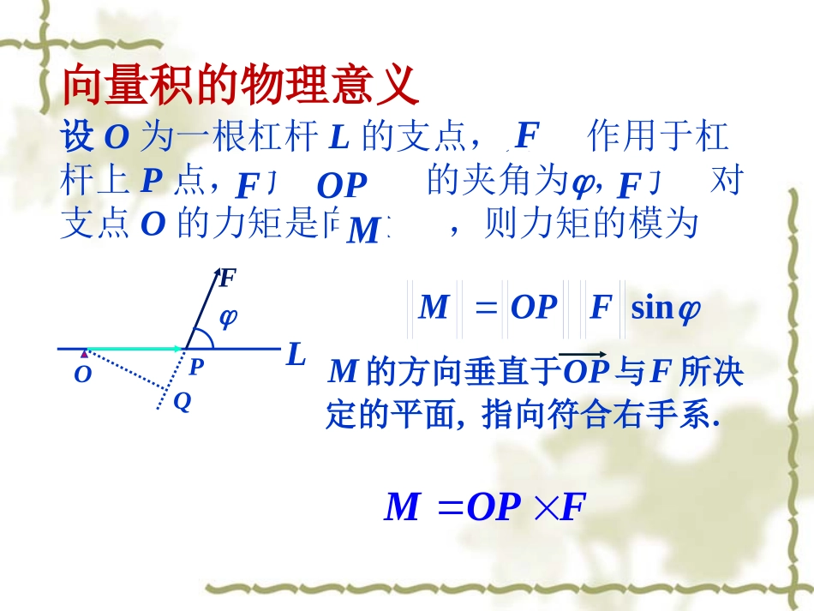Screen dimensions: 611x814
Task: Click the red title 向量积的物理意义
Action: pos(241,86)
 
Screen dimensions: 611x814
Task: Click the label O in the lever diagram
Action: pos(82,375)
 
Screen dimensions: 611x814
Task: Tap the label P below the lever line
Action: pos(196,368)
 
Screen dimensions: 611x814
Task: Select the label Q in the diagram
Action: pos(182,401)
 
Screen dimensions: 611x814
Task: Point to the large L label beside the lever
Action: pos(296,355)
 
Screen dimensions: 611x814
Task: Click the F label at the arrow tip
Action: pos(227,279)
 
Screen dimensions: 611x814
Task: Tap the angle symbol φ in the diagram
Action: pos(228,318)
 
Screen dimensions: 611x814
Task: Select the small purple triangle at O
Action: pos(84,352)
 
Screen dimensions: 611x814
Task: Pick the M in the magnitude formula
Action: pos(434,308)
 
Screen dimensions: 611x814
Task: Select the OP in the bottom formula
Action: pos(494,508)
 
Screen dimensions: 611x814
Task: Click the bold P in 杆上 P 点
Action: pos(152,180)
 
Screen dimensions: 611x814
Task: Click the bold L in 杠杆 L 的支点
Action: pos(339,137)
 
